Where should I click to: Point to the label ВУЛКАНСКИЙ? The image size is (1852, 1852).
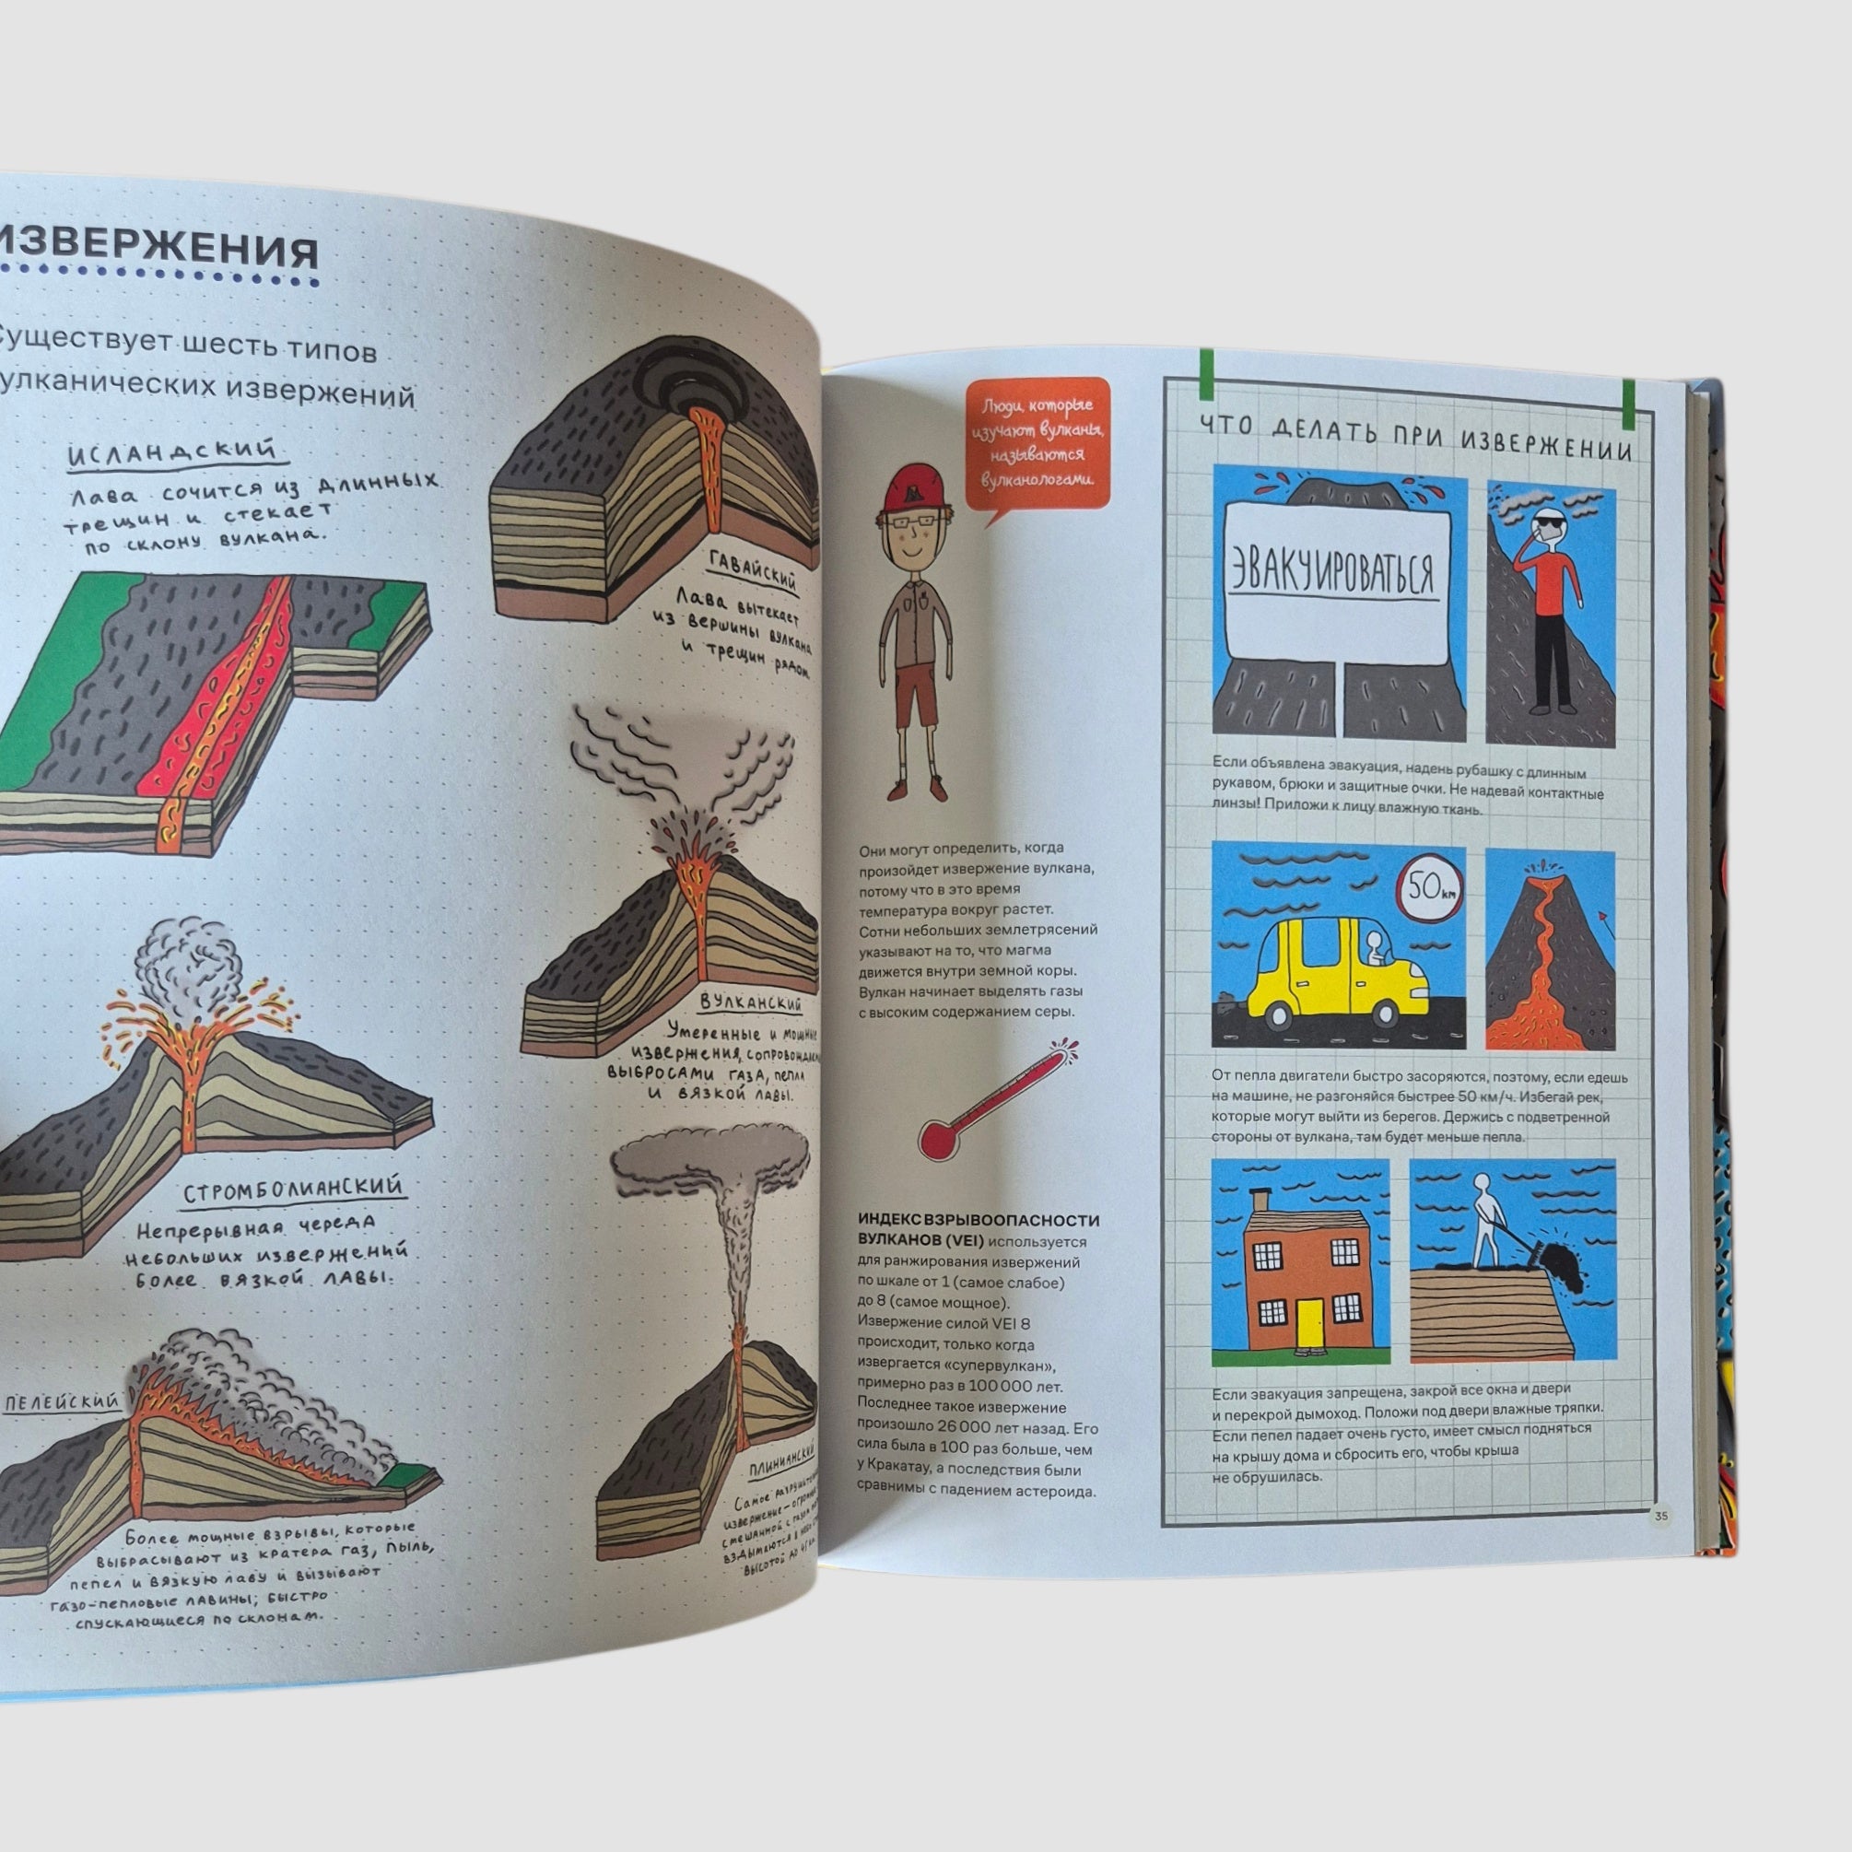click(x=751, y=1002)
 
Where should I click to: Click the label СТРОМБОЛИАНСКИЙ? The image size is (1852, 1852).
click(x=292, y=1190)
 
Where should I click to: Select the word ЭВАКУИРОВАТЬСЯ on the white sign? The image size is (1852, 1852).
click(x=1333, y=571)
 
